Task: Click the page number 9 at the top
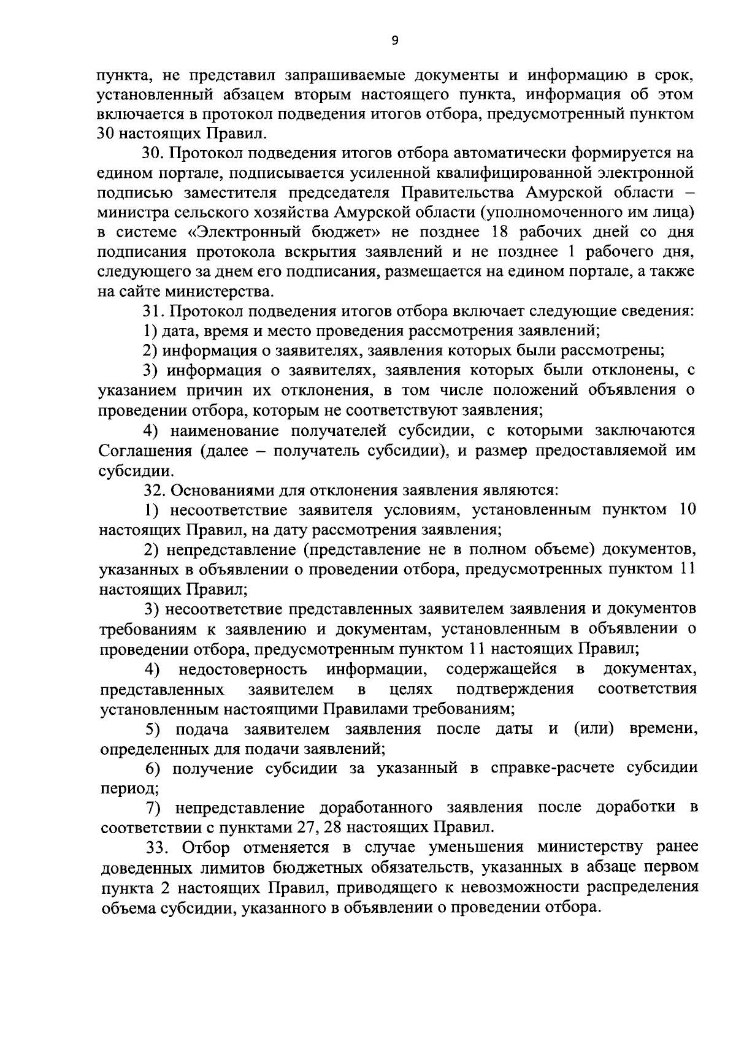(x=394, y=40)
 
